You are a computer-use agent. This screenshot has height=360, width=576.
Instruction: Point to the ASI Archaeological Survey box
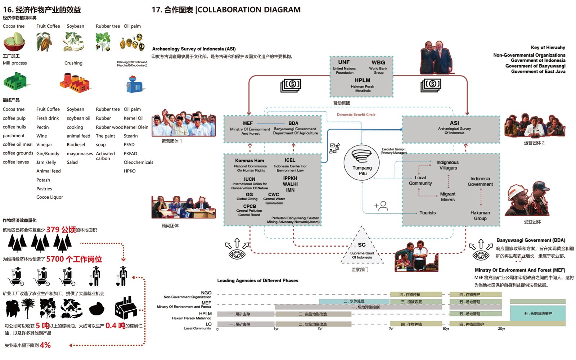(451, 129)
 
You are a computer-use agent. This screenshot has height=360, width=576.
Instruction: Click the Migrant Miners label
(447, 197)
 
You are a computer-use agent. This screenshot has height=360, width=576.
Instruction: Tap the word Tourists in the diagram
(427, 213)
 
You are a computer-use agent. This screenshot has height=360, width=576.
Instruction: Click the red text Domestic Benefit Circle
(356, 114)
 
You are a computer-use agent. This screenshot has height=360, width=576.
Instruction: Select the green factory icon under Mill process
(15, 81)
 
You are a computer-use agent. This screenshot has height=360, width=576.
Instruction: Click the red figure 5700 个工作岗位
(74, 259)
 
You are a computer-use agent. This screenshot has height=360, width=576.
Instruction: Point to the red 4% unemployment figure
(45, 345)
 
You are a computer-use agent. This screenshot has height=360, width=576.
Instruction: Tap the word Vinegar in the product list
(44, 145)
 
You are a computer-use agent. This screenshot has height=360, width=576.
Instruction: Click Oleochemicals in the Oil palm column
(138, 162)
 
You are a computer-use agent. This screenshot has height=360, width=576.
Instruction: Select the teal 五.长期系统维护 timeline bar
(537, 314)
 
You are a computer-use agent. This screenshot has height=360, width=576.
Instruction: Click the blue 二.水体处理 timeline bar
(354, 301)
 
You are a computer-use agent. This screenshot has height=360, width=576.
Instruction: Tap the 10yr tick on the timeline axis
(445, 329)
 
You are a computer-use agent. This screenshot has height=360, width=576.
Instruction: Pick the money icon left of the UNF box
(291, 85)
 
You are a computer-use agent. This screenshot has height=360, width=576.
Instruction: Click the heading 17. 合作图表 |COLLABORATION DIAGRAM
(226, 10)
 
